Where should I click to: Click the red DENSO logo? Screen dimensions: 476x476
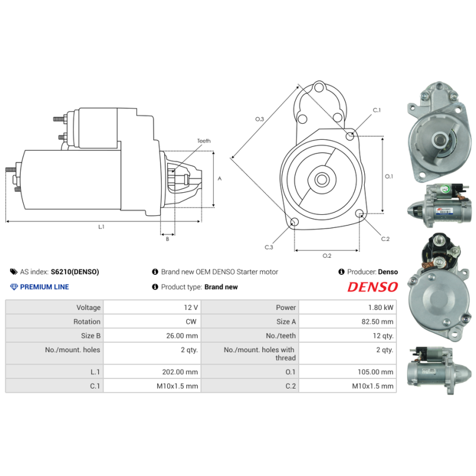pyautogui.click(x=372, y=287)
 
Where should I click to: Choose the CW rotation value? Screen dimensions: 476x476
pyautogui.click(x=191, y=321)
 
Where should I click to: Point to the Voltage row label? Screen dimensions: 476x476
pyautogui.click(x=88, y=308)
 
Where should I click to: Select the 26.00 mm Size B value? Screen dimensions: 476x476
pyautogui.click(x=182, y=336)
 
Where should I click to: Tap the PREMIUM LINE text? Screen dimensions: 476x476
pyautogui.click(x=44, y=287)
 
